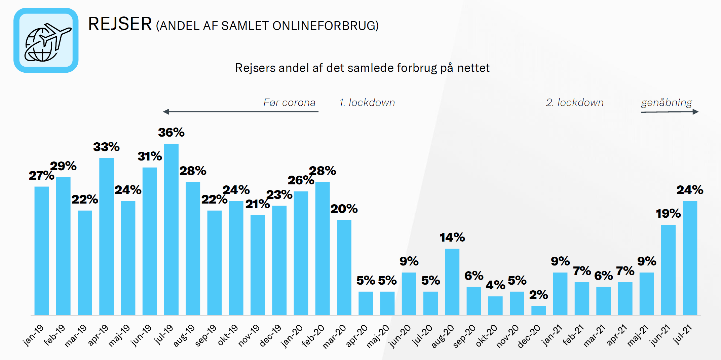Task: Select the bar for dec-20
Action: click(538, 310)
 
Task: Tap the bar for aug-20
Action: click(452, 282)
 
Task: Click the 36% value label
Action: click(171, 133)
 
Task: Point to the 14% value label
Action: click(452, 238)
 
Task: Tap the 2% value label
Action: click(538, 295)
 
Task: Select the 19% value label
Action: click(668, 214)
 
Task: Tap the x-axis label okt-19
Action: click(228, 335)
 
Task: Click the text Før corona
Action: click(289, 103)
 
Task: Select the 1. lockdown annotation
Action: click(367, 103)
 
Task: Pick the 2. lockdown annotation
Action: click(575, 103)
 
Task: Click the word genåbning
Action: click(666, 103)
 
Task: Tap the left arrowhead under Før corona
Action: click(166, 112)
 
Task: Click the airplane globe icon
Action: click(46, 41)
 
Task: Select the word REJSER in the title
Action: click(120, 24)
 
